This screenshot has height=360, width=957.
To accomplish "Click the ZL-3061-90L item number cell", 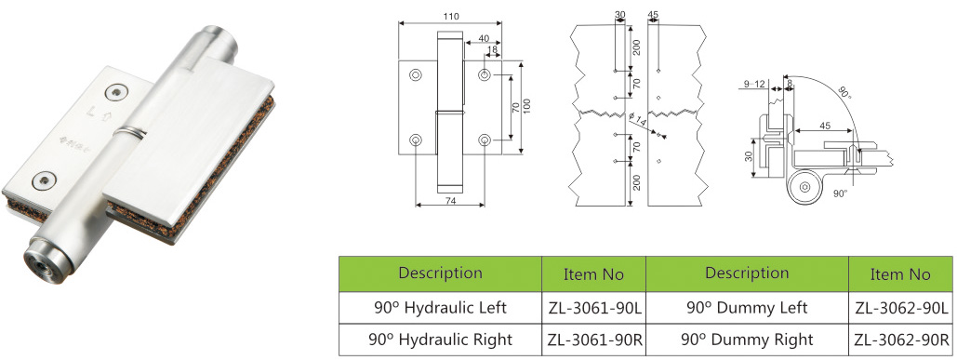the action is point(594,308).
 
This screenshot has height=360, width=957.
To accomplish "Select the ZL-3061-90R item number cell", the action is point(594,340).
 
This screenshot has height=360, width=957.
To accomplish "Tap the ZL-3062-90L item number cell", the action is point(901,308).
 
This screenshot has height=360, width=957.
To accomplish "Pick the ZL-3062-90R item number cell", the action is point(901,340).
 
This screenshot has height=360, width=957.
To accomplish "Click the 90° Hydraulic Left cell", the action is point(441,308).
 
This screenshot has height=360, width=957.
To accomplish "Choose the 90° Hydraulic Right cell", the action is point(441,340).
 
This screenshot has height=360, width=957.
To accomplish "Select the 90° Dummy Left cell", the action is point(747,308).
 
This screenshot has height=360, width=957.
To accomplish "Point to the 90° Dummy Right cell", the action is point(747,340).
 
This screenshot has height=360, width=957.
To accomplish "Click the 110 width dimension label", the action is point(451,17).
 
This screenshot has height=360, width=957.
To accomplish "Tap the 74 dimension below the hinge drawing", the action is point(450,200).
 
